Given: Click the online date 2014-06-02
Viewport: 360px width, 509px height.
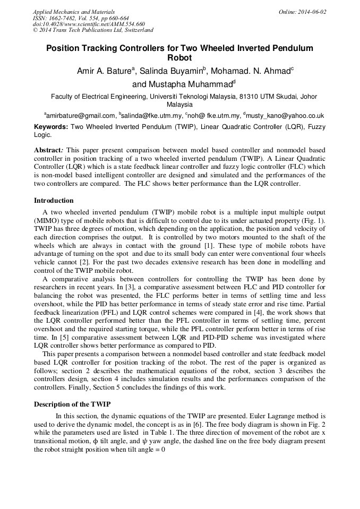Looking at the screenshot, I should click(311, 12).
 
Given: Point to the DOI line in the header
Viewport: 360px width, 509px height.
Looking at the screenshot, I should click(89, 24).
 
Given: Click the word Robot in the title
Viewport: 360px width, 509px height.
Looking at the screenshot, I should click(179, 58).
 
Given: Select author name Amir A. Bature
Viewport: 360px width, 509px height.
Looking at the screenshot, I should click(106, 72).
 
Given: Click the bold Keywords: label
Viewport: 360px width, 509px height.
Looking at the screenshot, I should click(51, 127).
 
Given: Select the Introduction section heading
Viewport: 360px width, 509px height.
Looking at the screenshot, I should click(54, 201).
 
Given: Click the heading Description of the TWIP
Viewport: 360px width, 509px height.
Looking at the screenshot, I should click(72, 404).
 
